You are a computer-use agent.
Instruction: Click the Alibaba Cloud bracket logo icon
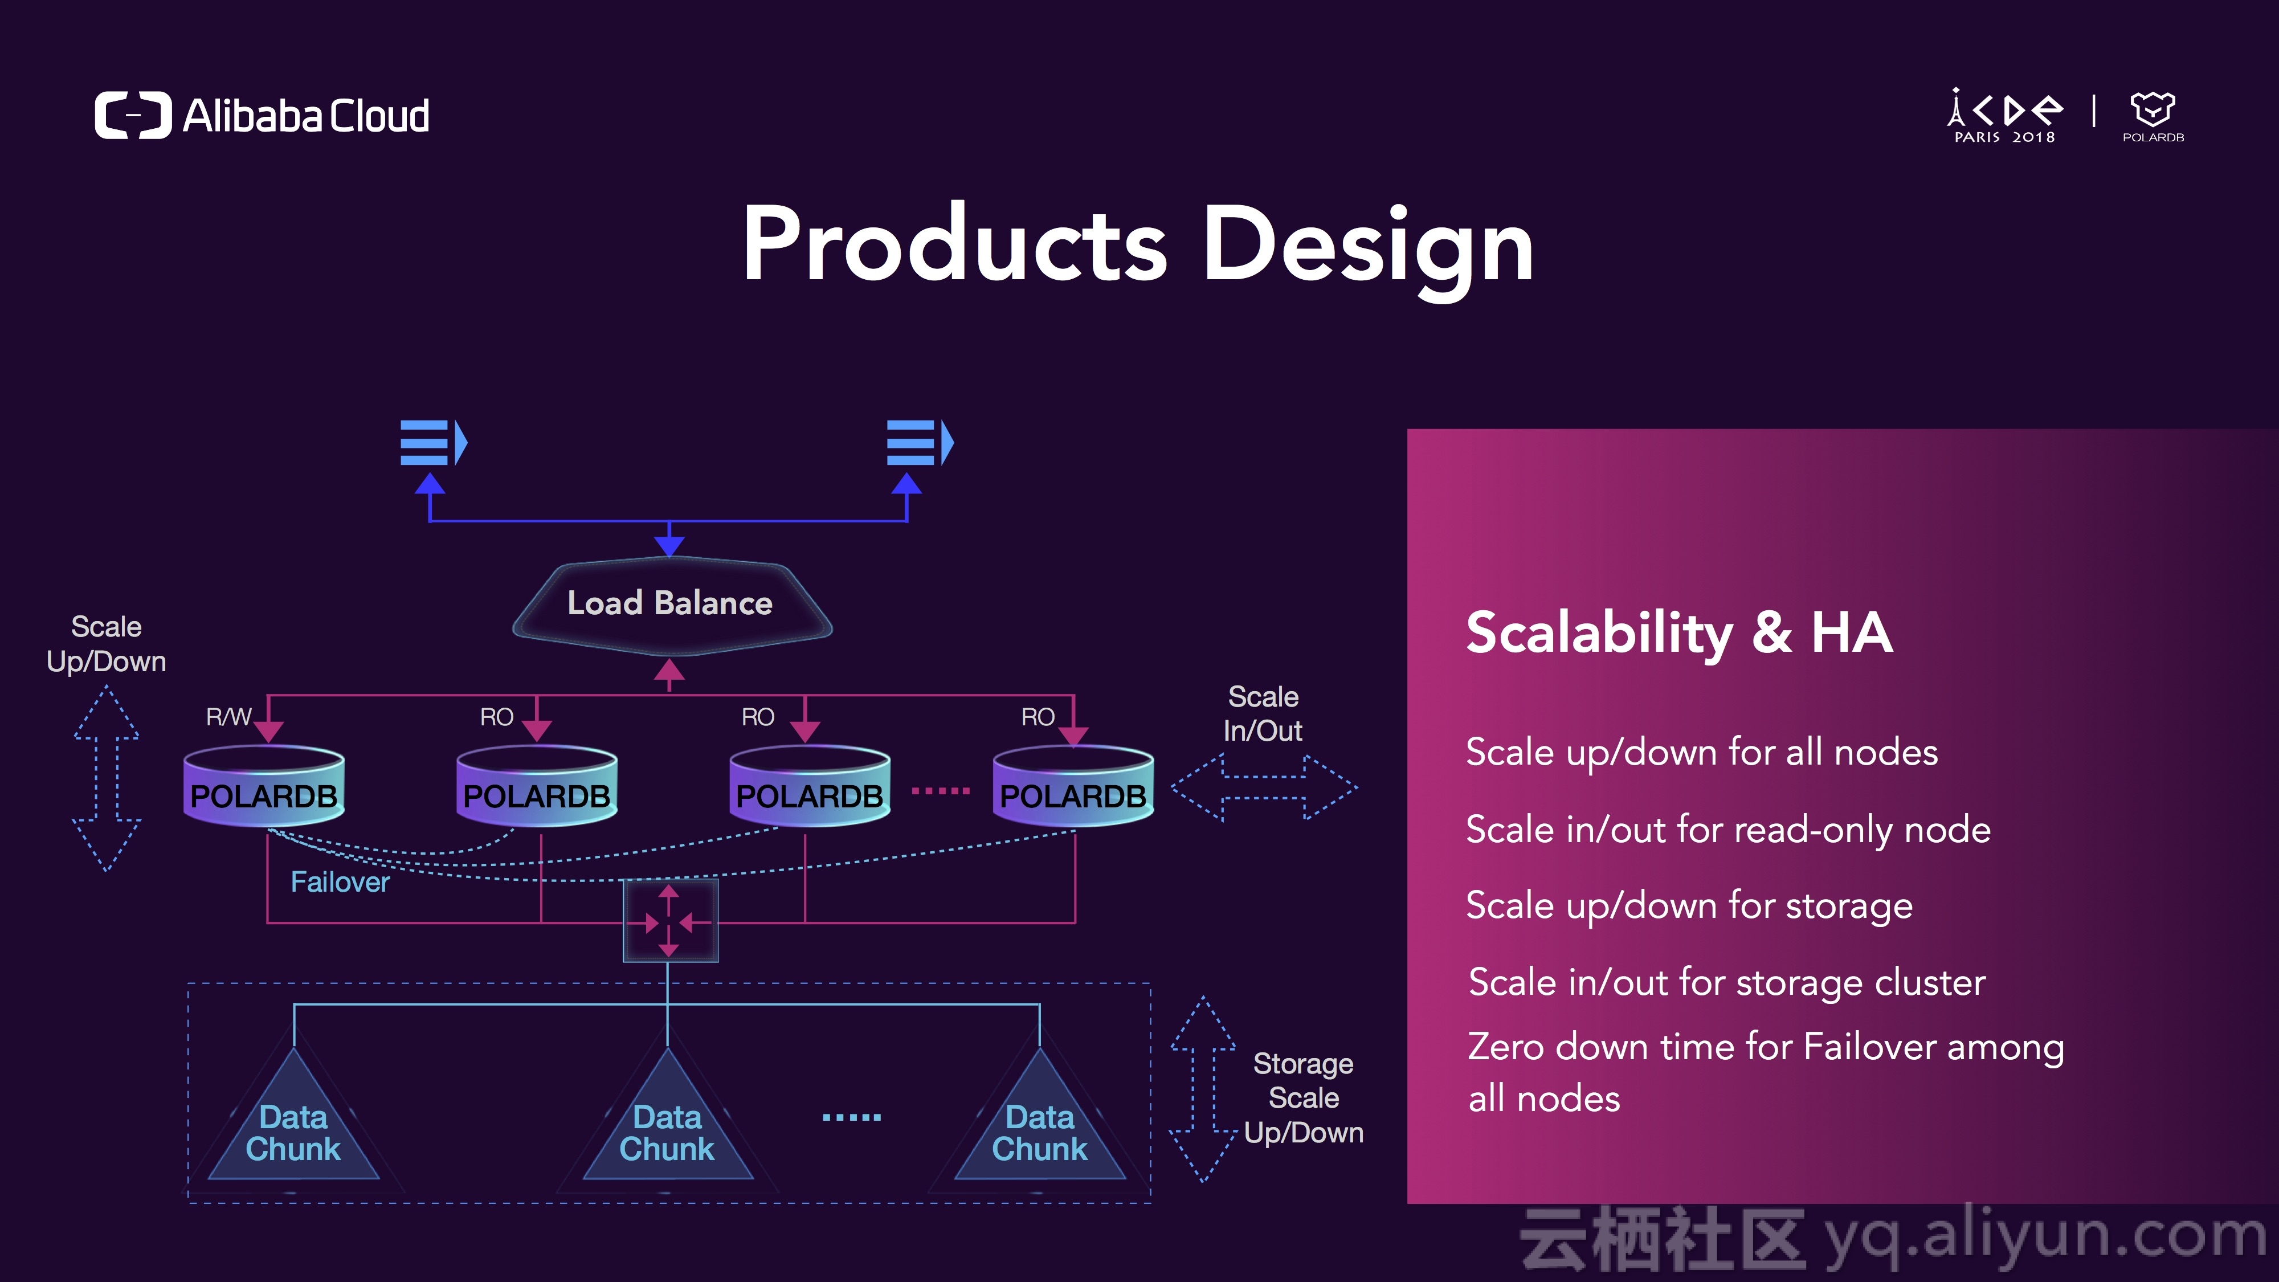pos(133,115)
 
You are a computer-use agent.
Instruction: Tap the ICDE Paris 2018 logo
pos(2005,116)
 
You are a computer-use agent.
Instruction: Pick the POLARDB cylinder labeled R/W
pos(264,786)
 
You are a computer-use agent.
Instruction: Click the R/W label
pos(228,717)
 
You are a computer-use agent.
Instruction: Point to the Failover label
pos(340,882)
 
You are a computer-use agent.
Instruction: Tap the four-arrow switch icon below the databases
pos(669,921)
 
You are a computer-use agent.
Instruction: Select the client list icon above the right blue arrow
pos(920,442)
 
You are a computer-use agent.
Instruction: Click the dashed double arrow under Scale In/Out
pos(1263,787)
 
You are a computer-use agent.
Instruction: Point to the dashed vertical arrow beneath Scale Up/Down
pos(106,778)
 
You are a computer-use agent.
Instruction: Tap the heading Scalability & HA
pos(1679,634)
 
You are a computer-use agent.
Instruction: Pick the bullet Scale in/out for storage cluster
pos(1727,983)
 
